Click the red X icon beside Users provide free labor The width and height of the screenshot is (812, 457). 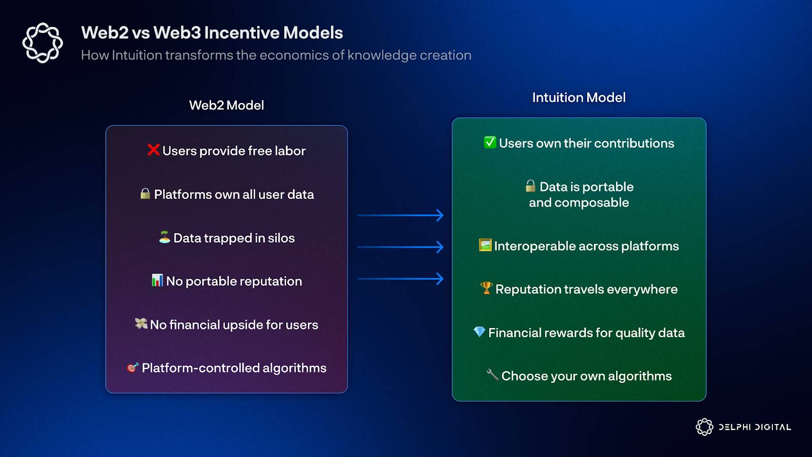coord(153,150)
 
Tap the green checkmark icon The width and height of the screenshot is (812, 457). coord(490,142)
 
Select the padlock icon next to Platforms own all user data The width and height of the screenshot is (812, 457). coord(145,193)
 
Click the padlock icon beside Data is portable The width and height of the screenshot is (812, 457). coord(530,186)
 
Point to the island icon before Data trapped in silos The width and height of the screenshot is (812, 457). coord(164,237)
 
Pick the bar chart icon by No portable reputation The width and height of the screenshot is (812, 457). coord(157,280)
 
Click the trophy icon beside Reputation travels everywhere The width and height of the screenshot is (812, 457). coord(486,288)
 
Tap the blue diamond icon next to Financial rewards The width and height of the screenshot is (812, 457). coord(479,332)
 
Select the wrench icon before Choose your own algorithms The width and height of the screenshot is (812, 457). coord(492,375)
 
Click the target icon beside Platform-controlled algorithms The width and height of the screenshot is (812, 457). coord(132,368)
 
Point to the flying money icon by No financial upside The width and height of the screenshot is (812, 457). coord(141,323)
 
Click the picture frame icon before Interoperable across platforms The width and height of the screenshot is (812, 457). coord(485,245)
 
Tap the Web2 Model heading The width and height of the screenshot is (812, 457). coord(226,105)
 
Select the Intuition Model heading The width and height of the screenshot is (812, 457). coord(579,97)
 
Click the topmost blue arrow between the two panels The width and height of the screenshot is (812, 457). coord(400,215)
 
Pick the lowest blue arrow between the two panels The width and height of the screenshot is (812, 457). coord(400,279)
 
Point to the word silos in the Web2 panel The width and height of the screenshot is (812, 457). coord(281,238)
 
